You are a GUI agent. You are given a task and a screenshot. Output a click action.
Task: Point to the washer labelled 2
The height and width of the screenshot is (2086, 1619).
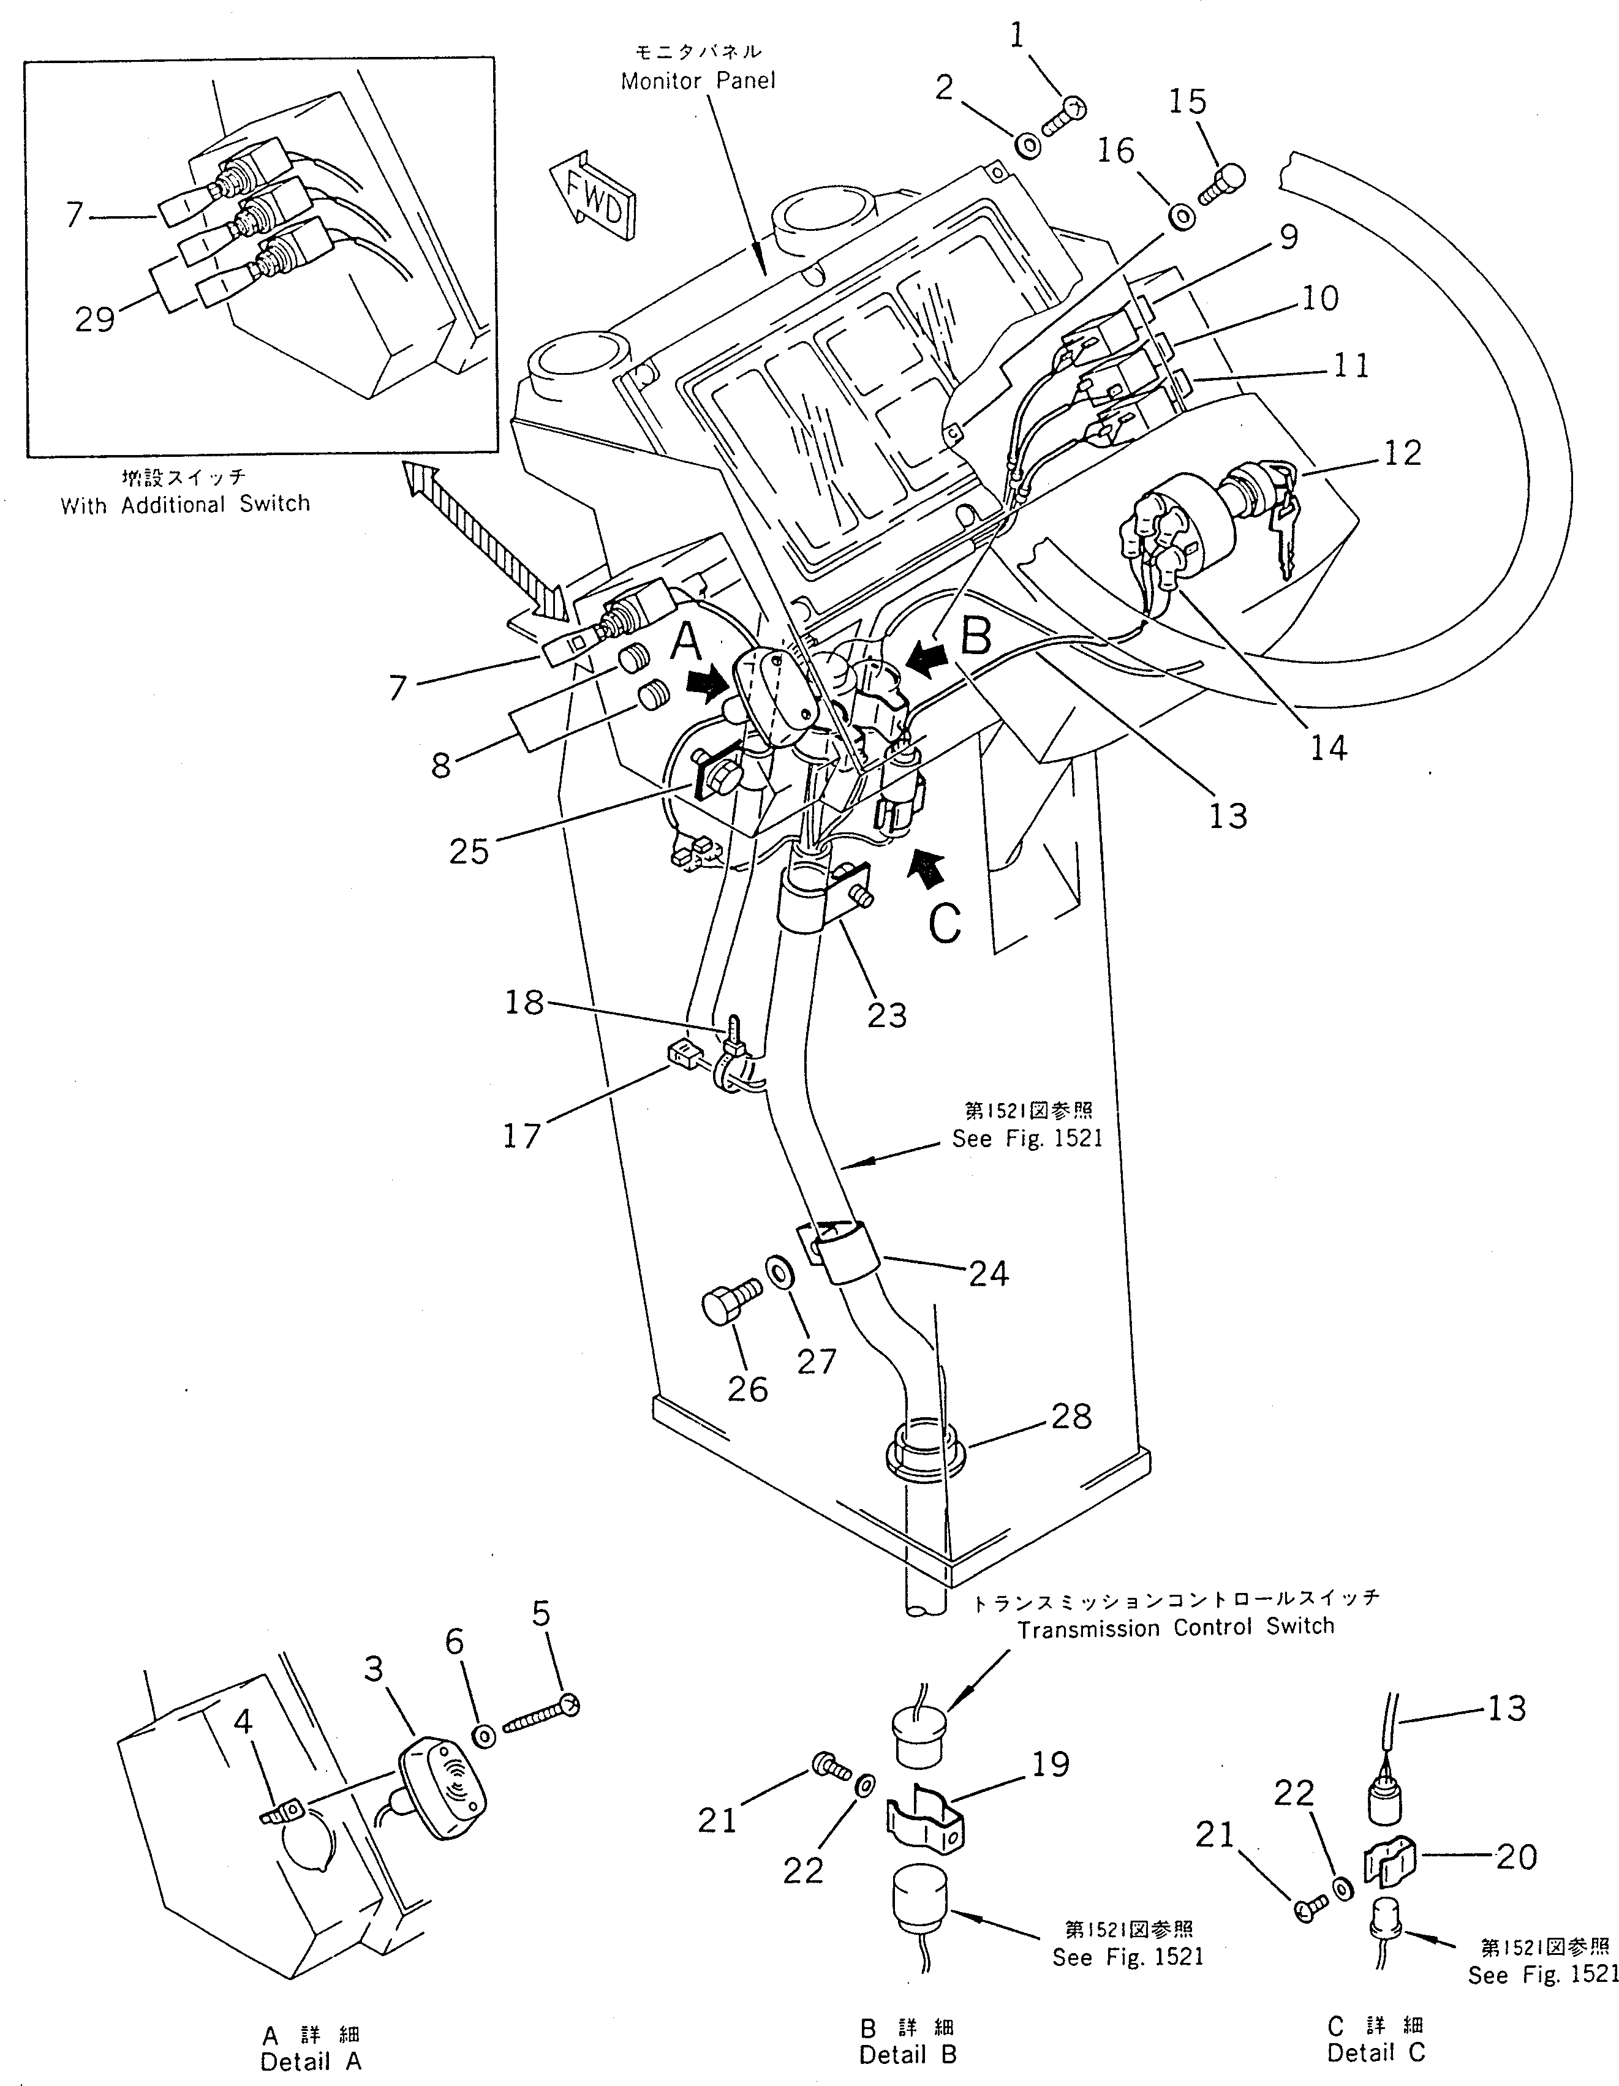pos(1028,146)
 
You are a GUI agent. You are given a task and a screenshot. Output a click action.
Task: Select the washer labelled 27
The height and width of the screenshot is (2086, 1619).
pos(777,1273)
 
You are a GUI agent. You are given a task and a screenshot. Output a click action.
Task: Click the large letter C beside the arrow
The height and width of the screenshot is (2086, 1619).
pos(945,922)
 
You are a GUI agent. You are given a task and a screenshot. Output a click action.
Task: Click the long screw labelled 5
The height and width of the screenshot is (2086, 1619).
pos(540,1717)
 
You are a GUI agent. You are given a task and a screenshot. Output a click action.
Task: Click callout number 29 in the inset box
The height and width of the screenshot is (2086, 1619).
pos(94,319)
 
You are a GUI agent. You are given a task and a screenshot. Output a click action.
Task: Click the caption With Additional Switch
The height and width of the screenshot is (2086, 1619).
pos(186,504)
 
